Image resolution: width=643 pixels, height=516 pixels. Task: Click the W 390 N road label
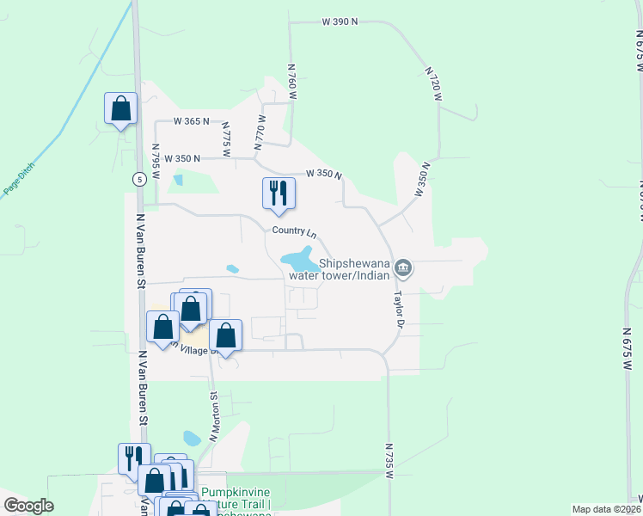[x=340, y=21]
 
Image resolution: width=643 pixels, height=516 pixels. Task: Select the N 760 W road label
[x=292, y=82]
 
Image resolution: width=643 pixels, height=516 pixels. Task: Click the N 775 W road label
[x=226, y=138]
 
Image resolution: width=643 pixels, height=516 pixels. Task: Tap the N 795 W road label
[x=156, y=161]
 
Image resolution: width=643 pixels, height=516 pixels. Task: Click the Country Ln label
[x=294, y=231]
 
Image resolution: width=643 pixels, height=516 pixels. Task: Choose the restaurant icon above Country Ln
[x=279, y=192]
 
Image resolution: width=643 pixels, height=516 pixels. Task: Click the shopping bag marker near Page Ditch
[x=120, y=109]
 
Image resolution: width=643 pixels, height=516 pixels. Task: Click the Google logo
[x=28, y=506]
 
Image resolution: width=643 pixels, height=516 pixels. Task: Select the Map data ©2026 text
[x=605, y=509]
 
